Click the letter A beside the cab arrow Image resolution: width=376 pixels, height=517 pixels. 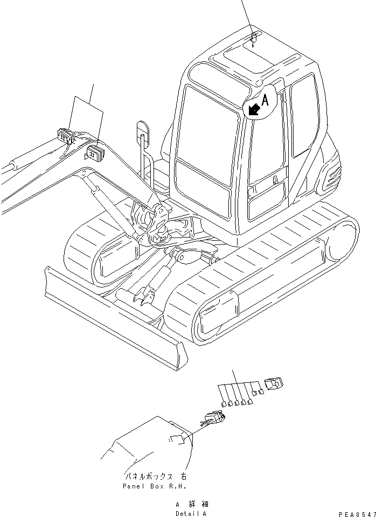pos(265,99)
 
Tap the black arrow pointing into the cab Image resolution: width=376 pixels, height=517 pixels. pos(253,109)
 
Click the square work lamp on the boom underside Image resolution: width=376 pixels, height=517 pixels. pos(95,153)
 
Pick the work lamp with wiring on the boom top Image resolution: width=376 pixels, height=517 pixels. pos(66,136)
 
